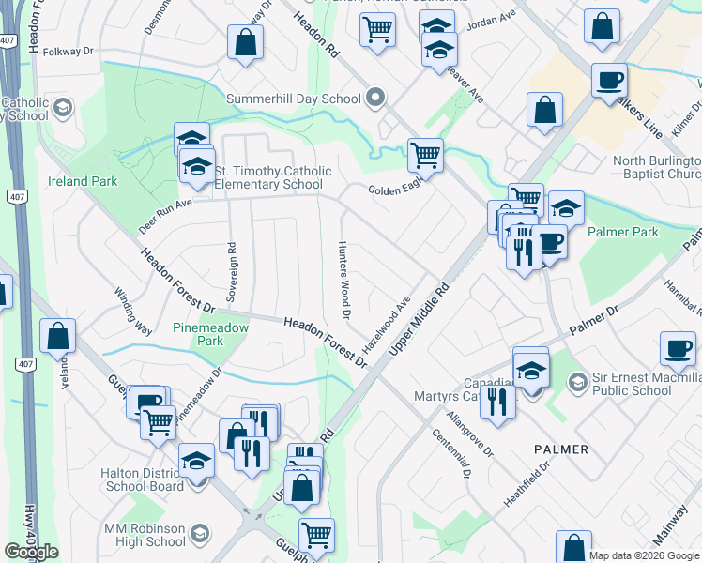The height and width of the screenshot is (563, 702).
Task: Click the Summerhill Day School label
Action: tap(294, 99)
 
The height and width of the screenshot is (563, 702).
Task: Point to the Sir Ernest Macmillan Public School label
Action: tap(638, 384)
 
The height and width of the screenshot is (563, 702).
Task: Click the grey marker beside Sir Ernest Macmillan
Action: tap(577, 382)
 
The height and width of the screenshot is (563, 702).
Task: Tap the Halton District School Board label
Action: tap(143, 479)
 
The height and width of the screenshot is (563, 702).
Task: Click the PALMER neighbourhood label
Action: tap(561, 449)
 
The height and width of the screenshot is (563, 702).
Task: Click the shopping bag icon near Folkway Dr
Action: tap(245, 41)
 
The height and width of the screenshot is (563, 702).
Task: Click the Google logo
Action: tap(31, 552)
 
